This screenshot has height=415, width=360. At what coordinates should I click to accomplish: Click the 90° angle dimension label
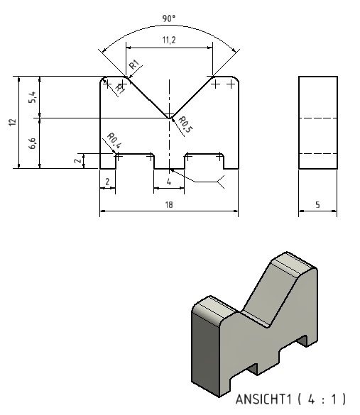coord(169,18)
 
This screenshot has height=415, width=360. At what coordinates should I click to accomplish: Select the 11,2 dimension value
coord(169,40)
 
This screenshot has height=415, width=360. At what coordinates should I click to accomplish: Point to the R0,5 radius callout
coord(185,125)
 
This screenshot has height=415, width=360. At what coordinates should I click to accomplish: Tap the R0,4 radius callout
coord(114,140)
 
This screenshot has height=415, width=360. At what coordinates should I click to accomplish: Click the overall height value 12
coord(13,122)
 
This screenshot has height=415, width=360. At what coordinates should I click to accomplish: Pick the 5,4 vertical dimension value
coord(33,97)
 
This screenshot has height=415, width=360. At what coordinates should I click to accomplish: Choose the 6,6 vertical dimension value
coord(33,143)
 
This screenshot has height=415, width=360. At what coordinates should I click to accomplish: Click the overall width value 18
coord(169,204)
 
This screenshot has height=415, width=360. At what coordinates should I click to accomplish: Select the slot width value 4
coord(169,182)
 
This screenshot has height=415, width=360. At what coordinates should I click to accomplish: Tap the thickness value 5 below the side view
coord(317,204)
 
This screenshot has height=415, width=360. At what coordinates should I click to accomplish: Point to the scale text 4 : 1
coord(322,399)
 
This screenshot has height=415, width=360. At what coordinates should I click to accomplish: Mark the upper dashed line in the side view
coord(318,118)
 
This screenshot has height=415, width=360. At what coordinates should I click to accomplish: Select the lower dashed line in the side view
coord(318,153)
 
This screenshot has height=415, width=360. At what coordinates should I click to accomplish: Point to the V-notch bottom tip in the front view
coord(169,118)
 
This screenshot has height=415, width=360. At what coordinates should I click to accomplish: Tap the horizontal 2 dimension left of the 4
coord(107,182)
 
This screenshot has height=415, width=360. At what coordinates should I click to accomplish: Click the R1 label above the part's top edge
coord(134,65)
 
